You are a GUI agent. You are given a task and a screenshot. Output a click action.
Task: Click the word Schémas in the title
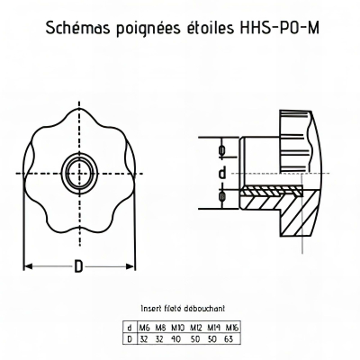[x=78, y=28]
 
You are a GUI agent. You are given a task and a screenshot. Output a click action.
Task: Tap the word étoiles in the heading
[x=208, y=28]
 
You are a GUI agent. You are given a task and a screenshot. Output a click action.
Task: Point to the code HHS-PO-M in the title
[x=279, y=28]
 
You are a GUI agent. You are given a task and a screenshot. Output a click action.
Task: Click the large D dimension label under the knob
[x=78, y=266]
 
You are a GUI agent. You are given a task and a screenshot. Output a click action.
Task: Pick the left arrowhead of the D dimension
[x=28, y=266]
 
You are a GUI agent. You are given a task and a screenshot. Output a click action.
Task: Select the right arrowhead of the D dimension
[x=130, y=266]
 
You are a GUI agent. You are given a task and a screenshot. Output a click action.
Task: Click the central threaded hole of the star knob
[x=80, y=174]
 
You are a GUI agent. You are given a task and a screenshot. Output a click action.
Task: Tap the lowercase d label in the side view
[x=222, y=173]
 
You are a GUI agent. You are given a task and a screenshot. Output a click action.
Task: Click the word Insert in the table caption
[x=149, y=309]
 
